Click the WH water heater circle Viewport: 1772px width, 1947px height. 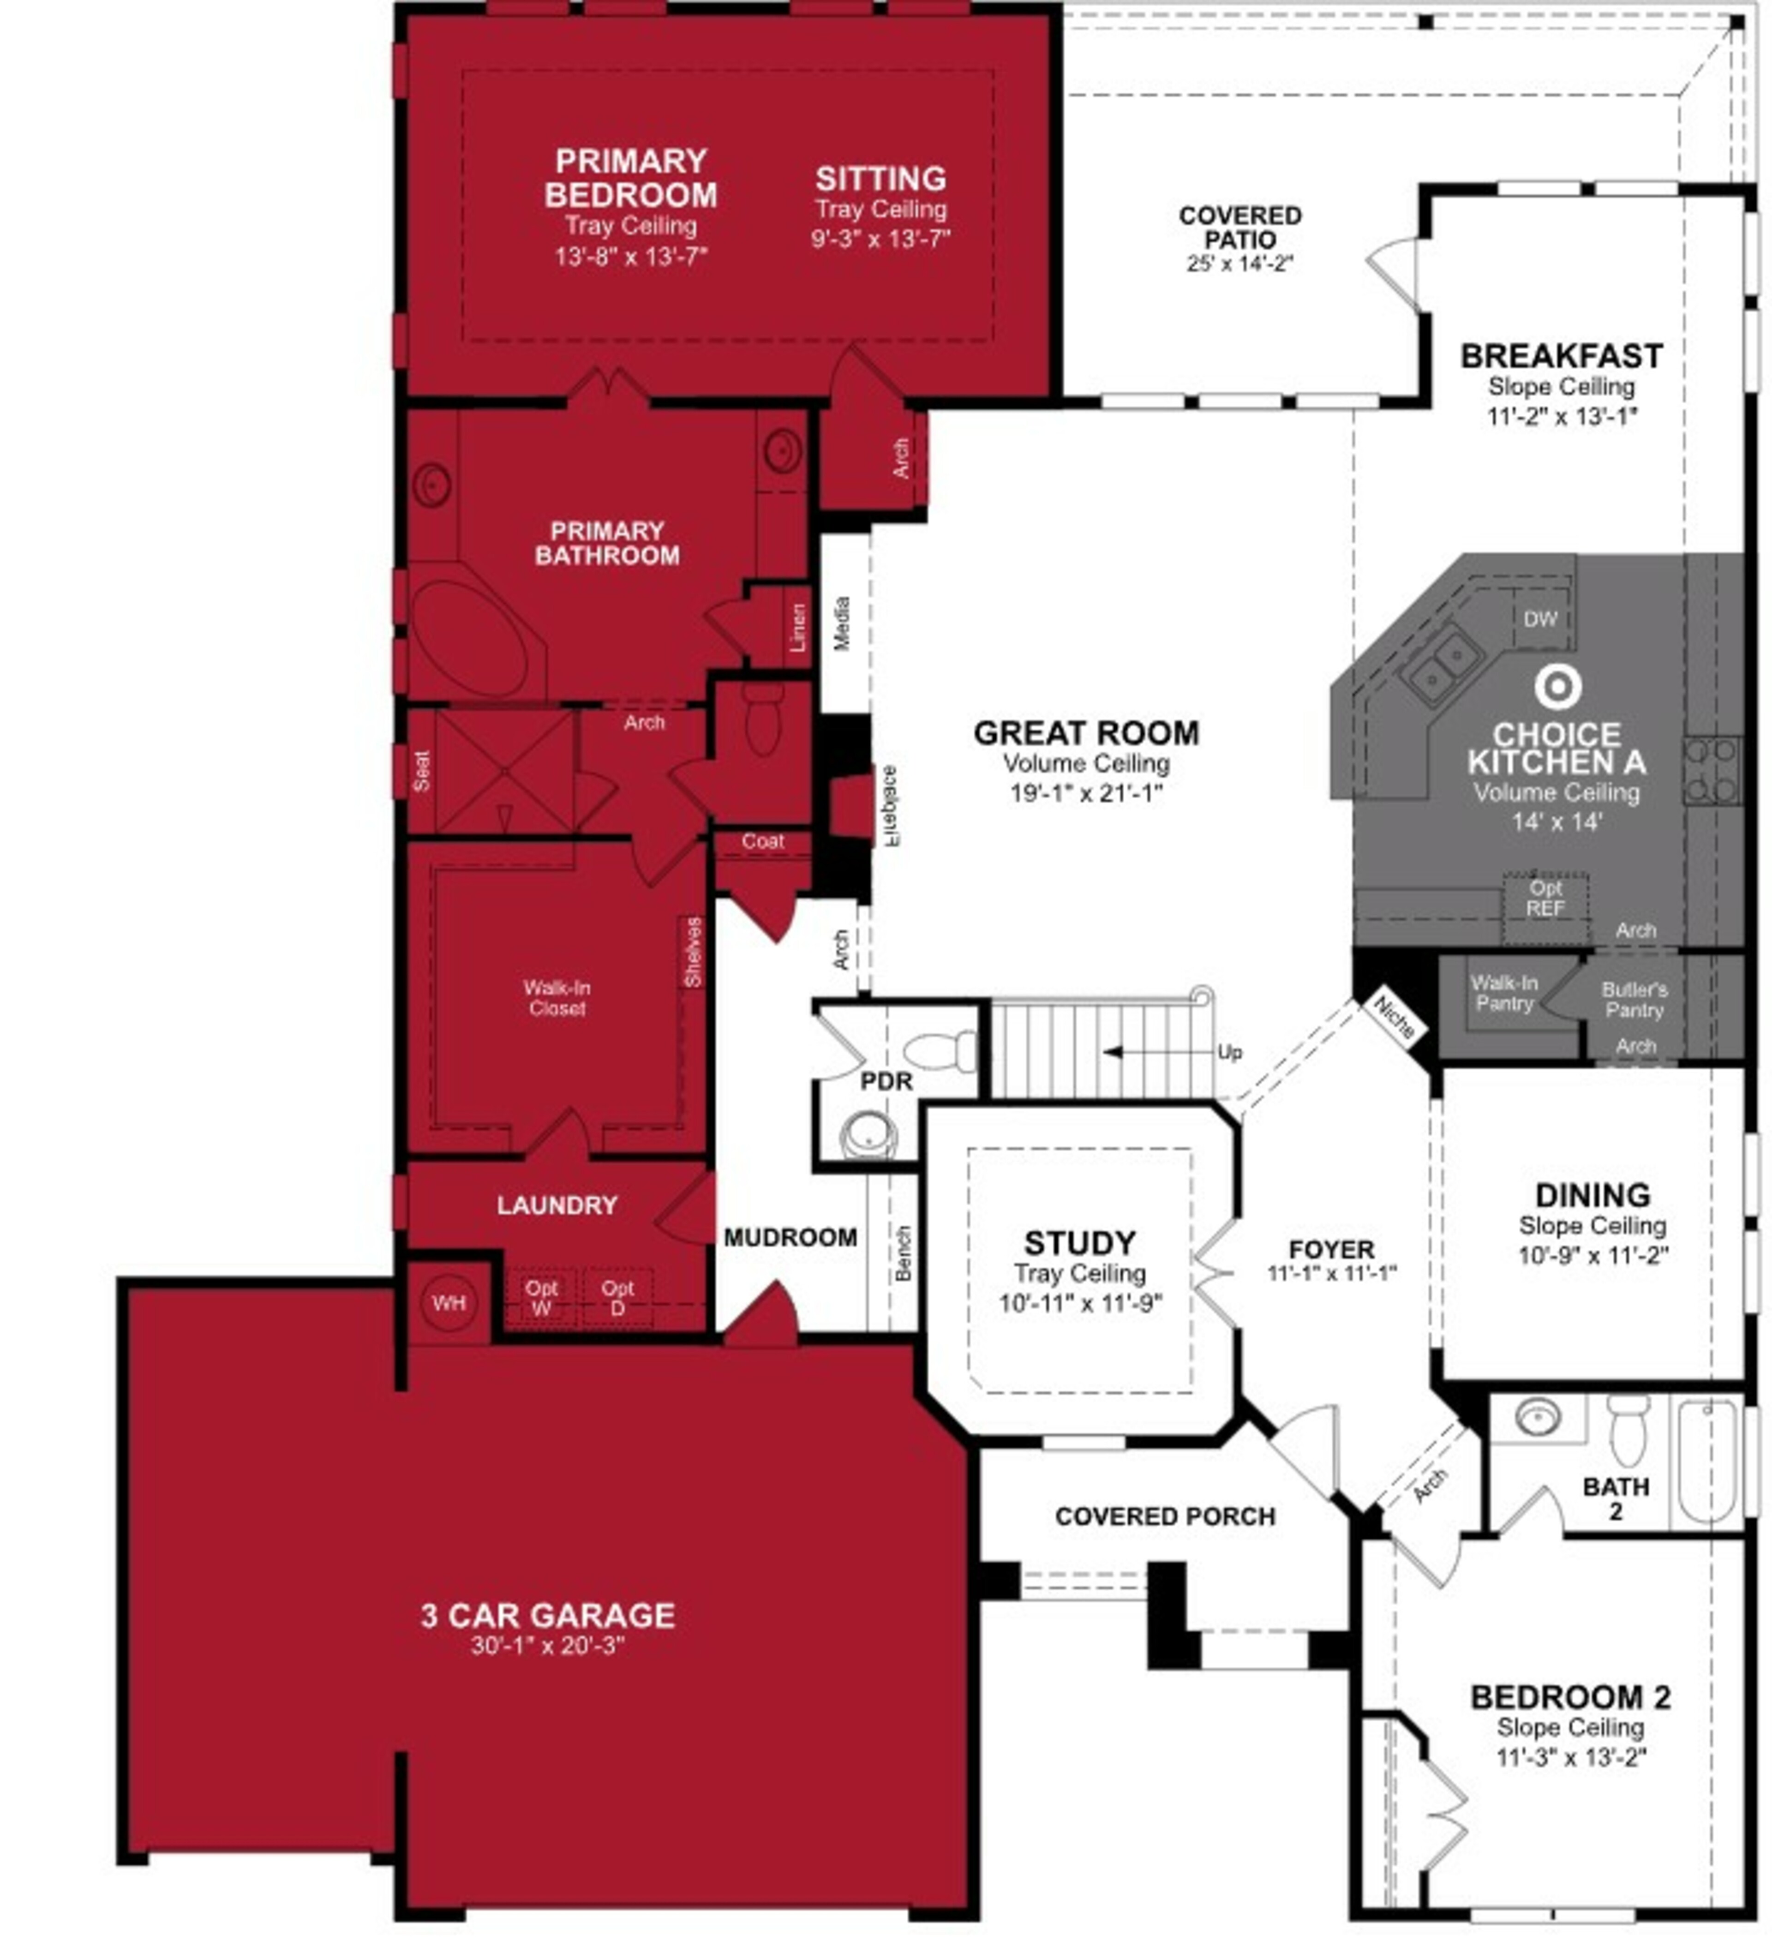[449, 1303]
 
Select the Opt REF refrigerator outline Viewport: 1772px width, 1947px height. [1545, 898]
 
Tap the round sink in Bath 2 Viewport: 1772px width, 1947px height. [1537, 1417]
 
